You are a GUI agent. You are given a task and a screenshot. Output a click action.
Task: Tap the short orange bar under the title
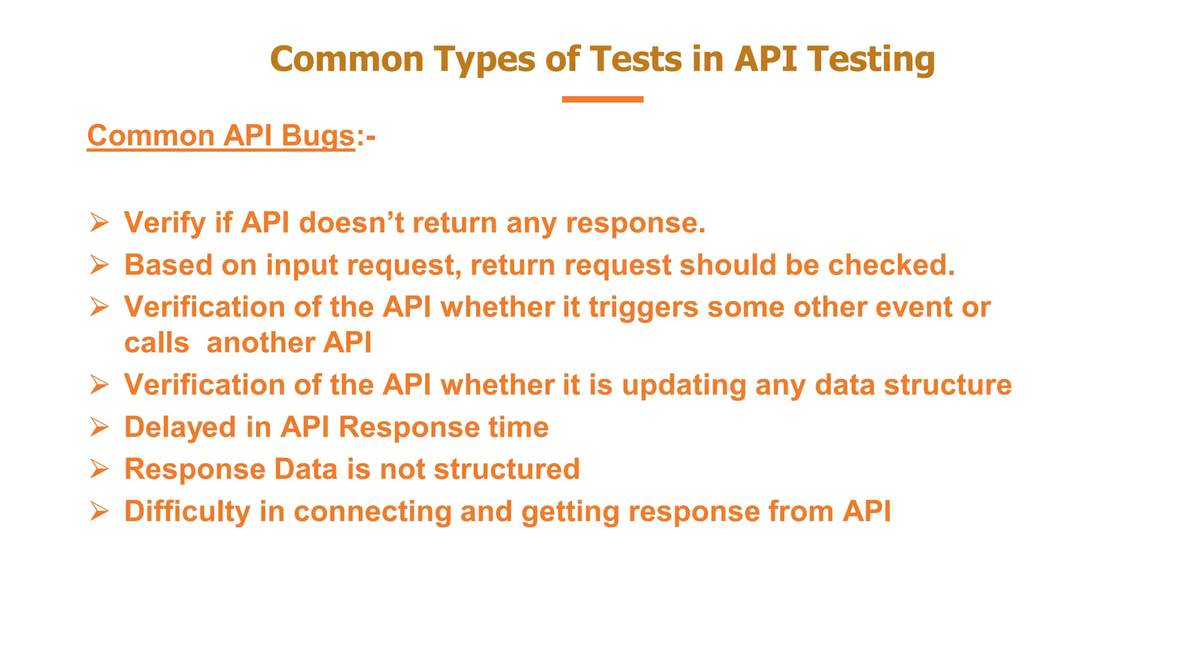(x=602, y=100)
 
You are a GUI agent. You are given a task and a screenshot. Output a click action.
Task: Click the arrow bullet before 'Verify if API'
(x=99, y=222)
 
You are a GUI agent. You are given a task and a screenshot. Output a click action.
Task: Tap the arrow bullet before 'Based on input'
(x=99, y=265)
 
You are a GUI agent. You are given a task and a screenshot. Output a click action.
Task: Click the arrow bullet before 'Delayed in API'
(x=99, y=427)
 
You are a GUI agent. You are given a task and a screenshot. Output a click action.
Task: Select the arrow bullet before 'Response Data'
(x=99, y=469)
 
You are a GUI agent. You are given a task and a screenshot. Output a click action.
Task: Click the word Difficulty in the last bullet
(x=187, y=512)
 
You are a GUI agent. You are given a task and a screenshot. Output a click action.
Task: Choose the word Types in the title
(x=485, y=60)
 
